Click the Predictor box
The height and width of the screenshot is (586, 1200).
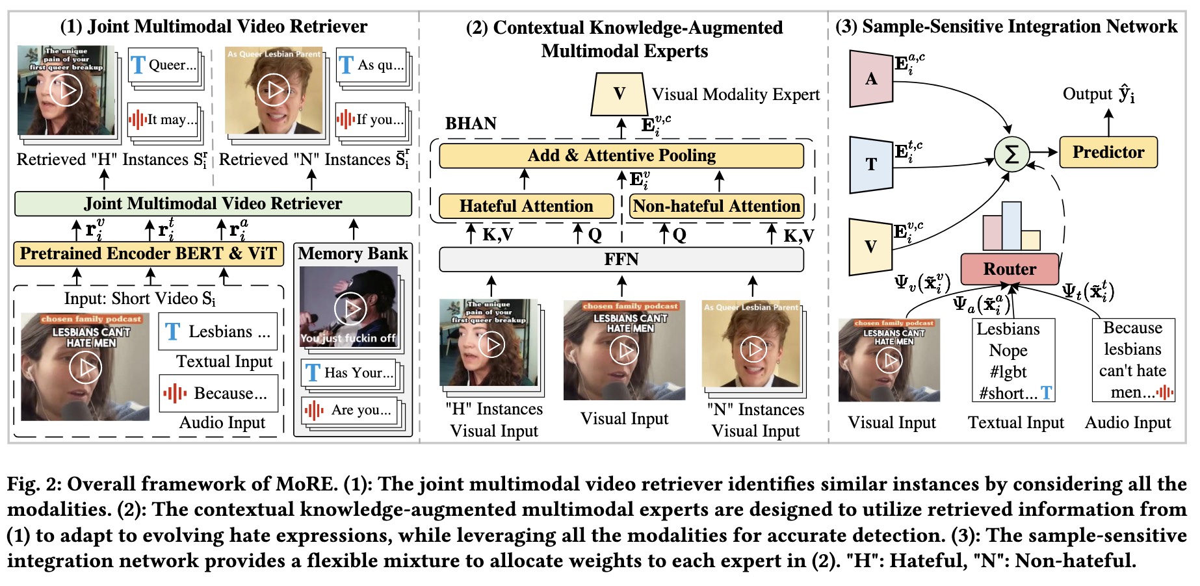[x=1108, y=152]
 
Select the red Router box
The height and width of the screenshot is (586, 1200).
[x=1010, y=269]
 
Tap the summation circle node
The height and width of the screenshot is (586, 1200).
[x=1011, y=155]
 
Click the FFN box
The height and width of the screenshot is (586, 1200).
[x=621, y=259]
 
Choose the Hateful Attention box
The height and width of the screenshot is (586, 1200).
[x=526, y=207]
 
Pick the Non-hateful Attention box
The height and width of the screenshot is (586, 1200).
[x=716, y=207]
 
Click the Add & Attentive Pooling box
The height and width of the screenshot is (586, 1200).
[x=621, y=156]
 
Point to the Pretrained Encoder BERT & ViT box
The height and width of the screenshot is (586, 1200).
[x=148, y=253]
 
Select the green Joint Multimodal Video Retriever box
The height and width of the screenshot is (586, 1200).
[x=213, y=203]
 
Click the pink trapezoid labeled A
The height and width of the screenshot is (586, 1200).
[x=871, y=79]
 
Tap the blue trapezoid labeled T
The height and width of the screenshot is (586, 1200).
[x=871, y=164]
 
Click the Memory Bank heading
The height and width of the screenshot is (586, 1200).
[x=353, y=253]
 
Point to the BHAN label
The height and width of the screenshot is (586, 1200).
[x=471, y=123]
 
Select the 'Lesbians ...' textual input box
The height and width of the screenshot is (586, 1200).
[x=218, y=331]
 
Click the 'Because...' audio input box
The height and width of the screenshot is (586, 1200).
[x=218, y=393]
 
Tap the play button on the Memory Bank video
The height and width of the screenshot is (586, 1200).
[x=350, y=309]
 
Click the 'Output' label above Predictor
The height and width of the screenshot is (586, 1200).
[x=1087, y=94]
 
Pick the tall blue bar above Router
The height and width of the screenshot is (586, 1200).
[x=1011, y=225]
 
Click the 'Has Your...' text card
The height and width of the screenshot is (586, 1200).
[x=349, y=373]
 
